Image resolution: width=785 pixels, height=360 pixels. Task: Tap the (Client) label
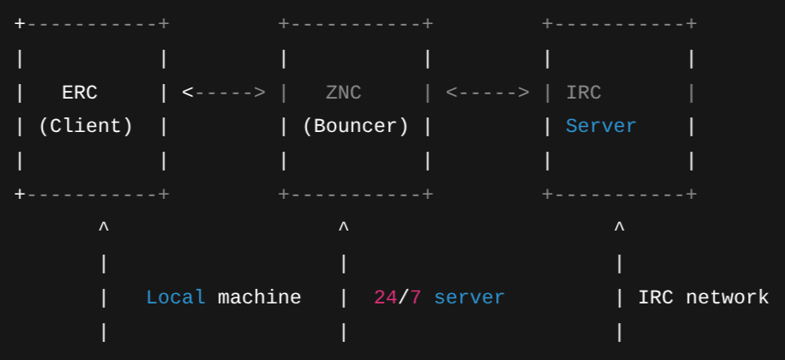[x=86, y=126]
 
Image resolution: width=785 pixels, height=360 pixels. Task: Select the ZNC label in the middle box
[x=344, y=92]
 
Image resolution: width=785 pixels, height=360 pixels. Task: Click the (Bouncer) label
[x=355, y=126]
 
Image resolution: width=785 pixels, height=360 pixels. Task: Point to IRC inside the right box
[x=584, y=92]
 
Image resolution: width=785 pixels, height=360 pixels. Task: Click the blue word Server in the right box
[x=601, y=126]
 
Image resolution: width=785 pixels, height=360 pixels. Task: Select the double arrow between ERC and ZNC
[x=224, y=92]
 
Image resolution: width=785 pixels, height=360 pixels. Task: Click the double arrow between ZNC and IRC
[x=488, y=92]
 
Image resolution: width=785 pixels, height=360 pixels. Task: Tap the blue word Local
[x=176, y=297]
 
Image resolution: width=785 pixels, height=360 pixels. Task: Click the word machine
[x=260, y=297]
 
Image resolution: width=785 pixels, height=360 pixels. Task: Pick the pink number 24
[x=385, y=297]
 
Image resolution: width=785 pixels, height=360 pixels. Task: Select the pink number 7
[x=416, y=297]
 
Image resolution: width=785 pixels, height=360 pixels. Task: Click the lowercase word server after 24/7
[x=469, y=297]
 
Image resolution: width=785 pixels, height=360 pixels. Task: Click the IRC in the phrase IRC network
[x=655, y=297]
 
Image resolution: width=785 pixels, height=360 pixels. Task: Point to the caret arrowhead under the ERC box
[x=104, y=228]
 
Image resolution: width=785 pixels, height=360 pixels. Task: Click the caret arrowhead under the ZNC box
[x=344, y=228]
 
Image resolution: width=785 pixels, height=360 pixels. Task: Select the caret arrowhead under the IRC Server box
[x=620, y=228]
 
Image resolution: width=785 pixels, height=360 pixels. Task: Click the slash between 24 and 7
[x=402, y=297]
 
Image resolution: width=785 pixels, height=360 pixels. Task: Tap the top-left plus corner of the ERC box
[x=21, y=24]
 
